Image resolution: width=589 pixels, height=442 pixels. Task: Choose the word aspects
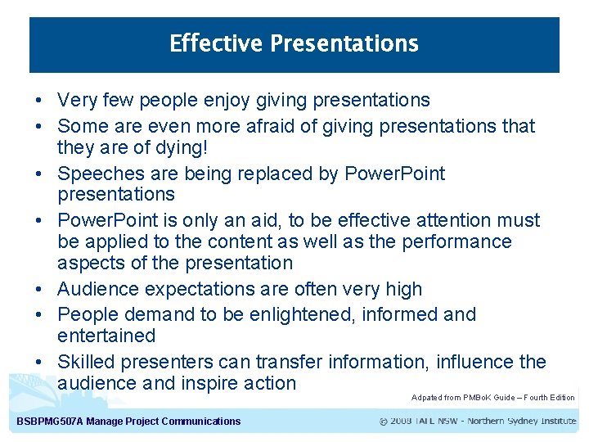88,264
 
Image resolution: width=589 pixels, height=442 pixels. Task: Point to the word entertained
106,336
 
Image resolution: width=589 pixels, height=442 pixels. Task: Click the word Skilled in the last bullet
86,362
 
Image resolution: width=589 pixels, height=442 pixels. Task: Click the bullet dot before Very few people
39,101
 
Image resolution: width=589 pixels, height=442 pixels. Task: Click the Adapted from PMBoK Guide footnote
492,398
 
